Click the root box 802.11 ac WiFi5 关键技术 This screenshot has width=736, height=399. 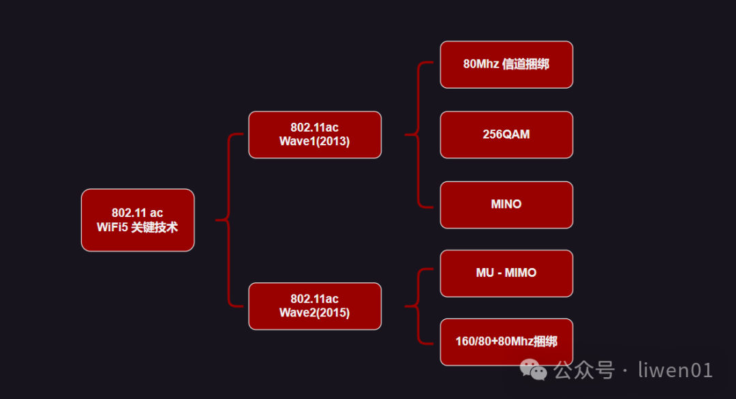pyautogui.click(x=138, y=220)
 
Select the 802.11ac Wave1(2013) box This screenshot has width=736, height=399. pyautogui.click(x=314, y=134)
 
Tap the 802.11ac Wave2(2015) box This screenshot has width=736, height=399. pyautogui.click(x=314, y=306)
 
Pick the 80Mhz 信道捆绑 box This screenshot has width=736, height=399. pyautogui.click(x=506, y=64)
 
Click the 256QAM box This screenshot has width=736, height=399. pyautogui.click(x=506, y=134)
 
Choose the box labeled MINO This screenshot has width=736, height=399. pyautogui.click(x=506, y=204)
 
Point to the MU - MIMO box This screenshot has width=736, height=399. pyautogui.click(x=506, y=273)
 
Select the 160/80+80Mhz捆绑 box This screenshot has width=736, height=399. pyautogui.click(x=506, y=342)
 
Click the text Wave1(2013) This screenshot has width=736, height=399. pyautogui.click(x=314, y=141)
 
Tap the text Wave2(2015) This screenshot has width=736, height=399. pyautogui.click(x=314, y=312)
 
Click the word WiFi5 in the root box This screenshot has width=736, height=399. pyautogui.click(x=112, y=227)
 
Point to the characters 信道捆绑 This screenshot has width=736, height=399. pyautogui.click(x=525, y=64)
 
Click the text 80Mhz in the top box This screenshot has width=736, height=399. pyautogui.click(x=480, y=64)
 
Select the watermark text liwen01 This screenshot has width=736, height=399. pyautogui.click(x=675, y=370)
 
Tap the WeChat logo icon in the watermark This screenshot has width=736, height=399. pyautogui.click(x=534, y=370)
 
